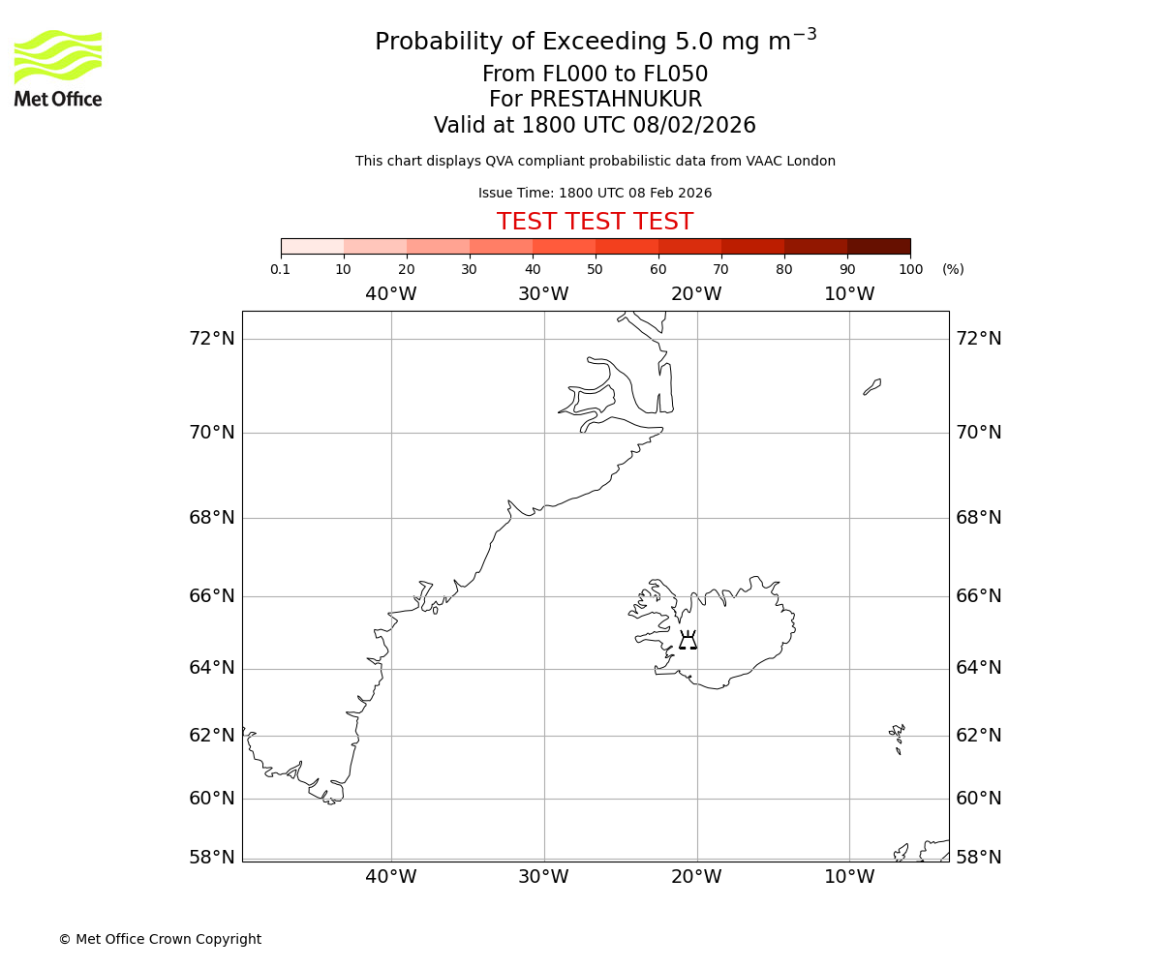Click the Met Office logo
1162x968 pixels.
tap(58, 68)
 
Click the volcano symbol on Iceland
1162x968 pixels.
tap(688, 640)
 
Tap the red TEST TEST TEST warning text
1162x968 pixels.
tap(595, 222)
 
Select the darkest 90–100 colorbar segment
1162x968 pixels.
tap(878, 246)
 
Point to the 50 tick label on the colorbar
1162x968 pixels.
tap(595, 269)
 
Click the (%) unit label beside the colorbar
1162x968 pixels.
tap(953, 269)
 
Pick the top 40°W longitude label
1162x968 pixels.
tap(391, 294)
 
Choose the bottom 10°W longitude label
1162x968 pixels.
tap(849, 877)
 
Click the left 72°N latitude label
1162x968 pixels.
tap(212, 338)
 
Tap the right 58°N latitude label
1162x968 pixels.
tap(979, 857)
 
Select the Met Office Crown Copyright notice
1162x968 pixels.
tap(160, 939)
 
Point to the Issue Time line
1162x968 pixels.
tap(595, 193)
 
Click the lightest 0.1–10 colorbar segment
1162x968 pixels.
tap(312, 246)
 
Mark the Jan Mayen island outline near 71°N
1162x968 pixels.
tap(872, 387)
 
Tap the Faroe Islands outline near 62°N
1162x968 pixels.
tap(897, 738)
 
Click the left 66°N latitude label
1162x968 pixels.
tap(212, 595)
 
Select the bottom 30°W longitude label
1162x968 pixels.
tap(543, 877)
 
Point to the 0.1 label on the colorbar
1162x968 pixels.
tap(281, 269)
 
